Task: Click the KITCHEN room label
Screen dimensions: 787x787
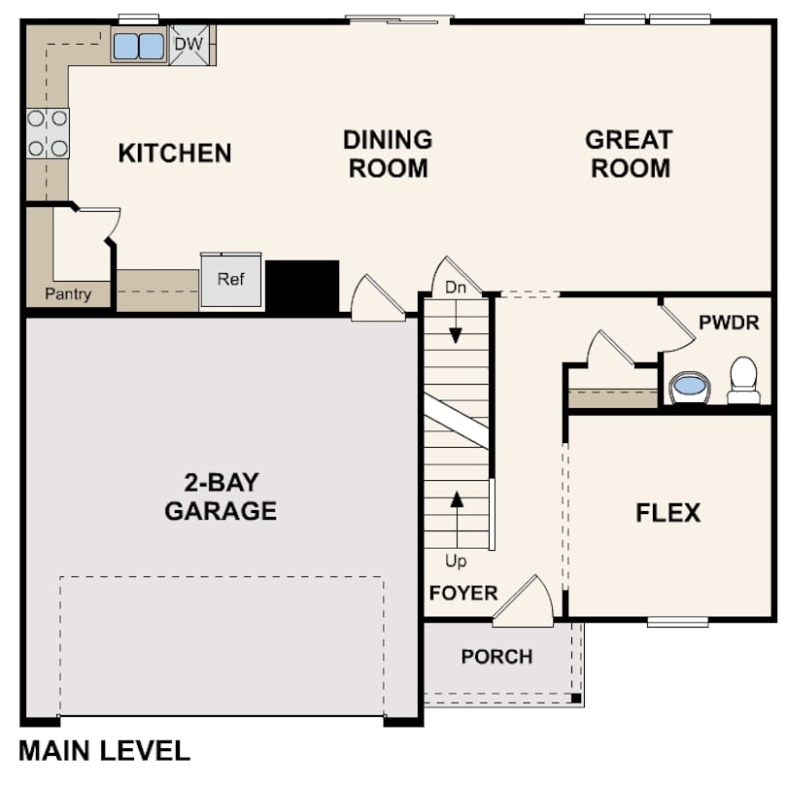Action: pyautogui.click(x=175, y=154)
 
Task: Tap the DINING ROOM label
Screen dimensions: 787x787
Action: pyautogui.click(x=388, y=154)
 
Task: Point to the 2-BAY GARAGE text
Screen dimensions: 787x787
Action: pyautogui.click(x=221, y=496)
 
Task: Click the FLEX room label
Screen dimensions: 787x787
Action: pyautogui.click(x=668, y=513)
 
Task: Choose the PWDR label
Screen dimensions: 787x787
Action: pyautogui.click(x=729, y=323)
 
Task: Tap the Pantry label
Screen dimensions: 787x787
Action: pyautogui.click(x=68, y=293)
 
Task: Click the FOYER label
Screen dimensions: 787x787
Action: pyautogui.click(x=463, y=593)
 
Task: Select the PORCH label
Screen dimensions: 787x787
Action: pyautogui.click(x=496, y=657)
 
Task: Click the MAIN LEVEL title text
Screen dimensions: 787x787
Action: pyautogui.click(x=105, y=750)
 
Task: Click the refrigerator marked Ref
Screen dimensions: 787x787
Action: pyautogui.click(x=231, y=281)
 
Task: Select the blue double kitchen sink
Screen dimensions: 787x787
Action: pyautogui.click(x=138, y=45)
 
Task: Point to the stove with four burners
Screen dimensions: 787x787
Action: pyautogui.click(x=48, y=133)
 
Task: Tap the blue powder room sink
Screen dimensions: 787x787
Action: pyautogui.click(x=689, y=386)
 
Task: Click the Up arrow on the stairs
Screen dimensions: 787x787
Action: pyautogui.click(x=457, y=515)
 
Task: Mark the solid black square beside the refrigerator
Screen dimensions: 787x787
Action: pyautogui.click(x=302, y=286)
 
